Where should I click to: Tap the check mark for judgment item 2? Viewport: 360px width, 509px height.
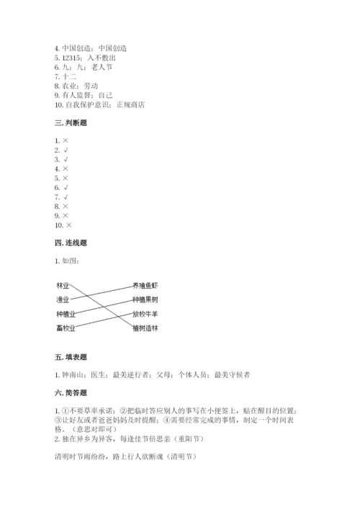coord(66,150)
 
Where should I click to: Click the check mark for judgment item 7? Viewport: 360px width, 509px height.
coord(66,197)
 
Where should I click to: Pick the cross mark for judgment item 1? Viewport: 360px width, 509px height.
coord(66,140)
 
